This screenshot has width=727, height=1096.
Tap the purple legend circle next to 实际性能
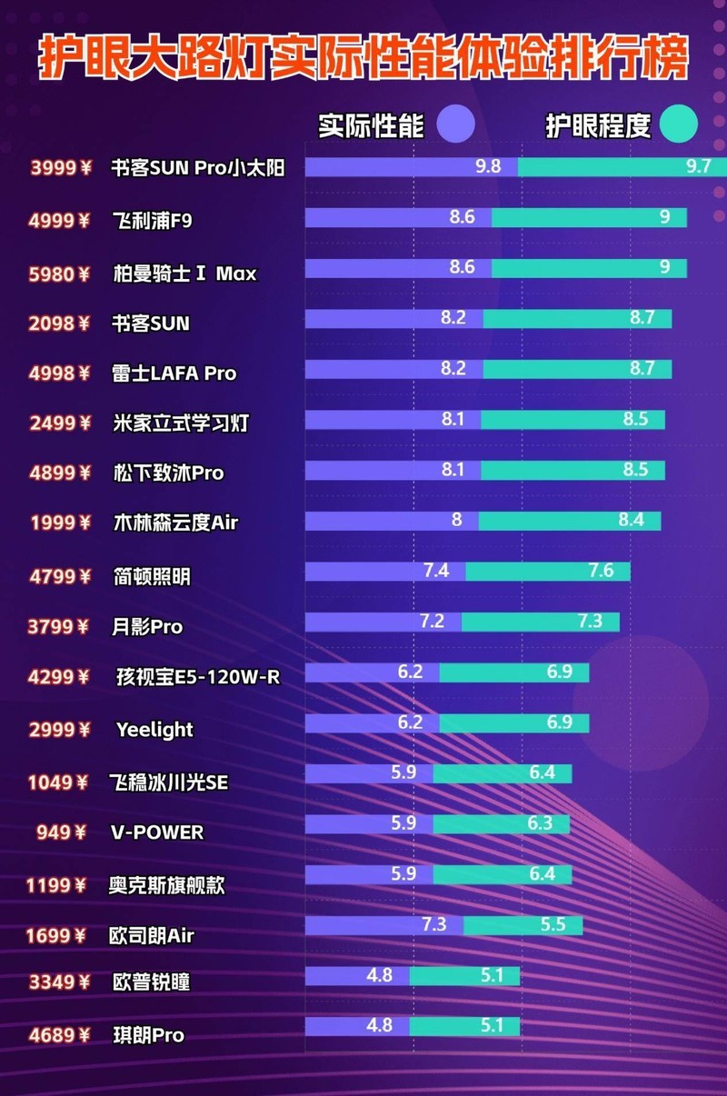click(x=456, y=125)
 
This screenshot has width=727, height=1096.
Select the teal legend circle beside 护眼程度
click(x=679, y=125)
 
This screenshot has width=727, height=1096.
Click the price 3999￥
click(x=61, y=168)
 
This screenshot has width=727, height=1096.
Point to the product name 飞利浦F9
click(x=152, y=219)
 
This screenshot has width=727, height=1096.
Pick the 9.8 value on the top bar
click(x=488, y=167)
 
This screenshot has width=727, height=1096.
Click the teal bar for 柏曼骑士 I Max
click(x=589, y=268)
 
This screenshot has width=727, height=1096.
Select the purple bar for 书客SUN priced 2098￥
click(x=393, y=319)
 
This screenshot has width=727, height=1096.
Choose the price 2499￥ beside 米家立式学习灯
click(x=61, y=423)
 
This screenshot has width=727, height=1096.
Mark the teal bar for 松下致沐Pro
click(x=573, y=470)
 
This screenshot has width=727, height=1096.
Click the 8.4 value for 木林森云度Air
click(x=631, y=521)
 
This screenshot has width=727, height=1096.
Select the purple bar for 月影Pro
click(x=383, y=622)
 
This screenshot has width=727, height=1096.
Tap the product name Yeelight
click(x=154, y=729)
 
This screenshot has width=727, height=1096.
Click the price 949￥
click(x=61, y=832)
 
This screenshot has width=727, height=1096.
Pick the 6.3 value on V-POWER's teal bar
click(x=540, y=824)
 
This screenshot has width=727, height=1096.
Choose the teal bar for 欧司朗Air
click(x=523, y=925)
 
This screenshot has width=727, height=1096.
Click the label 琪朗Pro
click(x=147, y=1035)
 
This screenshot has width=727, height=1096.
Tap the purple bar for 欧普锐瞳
click(x=356, y=976)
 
